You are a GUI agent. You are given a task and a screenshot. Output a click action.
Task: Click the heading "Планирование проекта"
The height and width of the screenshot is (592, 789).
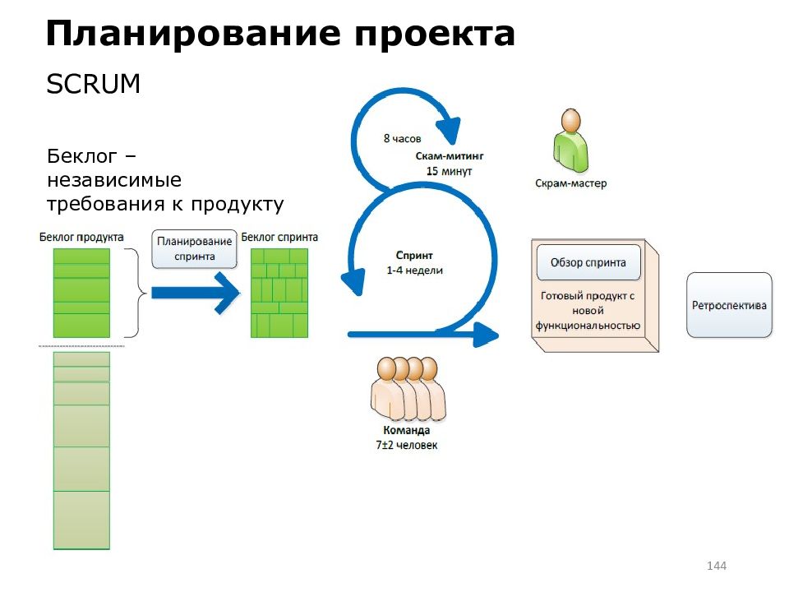(x=280, y=35)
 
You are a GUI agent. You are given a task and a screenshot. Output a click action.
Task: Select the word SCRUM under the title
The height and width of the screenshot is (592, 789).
(x=93, y=84)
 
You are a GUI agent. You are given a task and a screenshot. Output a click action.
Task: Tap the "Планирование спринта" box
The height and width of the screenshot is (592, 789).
(x=194, y=248)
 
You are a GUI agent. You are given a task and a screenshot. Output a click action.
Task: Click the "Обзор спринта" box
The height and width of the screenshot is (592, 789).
(x=588, y=262)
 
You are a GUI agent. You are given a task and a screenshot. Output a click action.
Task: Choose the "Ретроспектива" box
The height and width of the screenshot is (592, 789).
(x=729, y=305)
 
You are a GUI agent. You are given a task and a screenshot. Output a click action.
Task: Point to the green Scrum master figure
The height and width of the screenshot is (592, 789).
(x=571, y=141)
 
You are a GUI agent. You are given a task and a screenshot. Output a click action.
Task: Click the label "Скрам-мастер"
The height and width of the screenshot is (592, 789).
(x=570, y=183)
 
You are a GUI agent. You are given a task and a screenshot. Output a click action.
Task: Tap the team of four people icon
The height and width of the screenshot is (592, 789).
(x=408, y=388)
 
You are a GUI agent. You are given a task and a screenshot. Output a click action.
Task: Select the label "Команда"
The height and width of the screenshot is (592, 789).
(x=407, y=430)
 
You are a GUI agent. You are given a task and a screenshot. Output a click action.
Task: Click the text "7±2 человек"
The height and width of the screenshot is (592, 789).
(x=407, y=445)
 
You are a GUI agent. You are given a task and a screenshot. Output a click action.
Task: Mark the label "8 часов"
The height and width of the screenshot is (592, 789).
(x=402, y=138)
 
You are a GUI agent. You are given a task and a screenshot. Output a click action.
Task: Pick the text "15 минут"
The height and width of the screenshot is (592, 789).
(x=449, y=171)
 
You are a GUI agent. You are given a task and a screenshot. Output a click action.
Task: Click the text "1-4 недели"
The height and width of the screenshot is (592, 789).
(x=414, y=271)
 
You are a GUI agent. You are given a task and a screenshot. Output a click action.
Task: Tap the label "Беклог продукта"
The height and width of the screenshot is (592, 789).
(x=81, y=237)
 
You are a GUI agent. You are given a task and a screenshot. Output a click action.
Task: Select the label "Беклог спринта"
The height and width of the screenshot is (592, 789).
(x=279, y=237)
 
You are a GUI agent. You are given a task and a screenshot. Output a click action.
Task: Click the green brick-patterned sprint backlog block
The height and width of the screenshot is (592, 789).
(x=279, y=293)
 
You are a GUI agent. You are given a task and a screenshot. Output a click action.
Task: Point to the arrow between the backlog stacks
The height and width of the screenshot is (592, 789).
(x=196, y=293)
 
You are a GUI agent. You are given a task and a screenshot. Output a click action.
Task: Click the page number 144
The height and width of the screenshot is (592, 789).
(x=717, y=566)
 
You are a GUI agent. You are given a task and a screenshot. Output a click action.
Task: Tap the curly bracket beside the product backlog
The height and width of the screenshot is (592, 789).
(x=136, y=293)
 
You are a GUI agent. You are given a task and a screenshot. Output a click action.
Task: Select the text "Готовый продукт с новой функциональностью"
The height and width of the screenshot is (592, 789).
(x=588, y=311)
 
